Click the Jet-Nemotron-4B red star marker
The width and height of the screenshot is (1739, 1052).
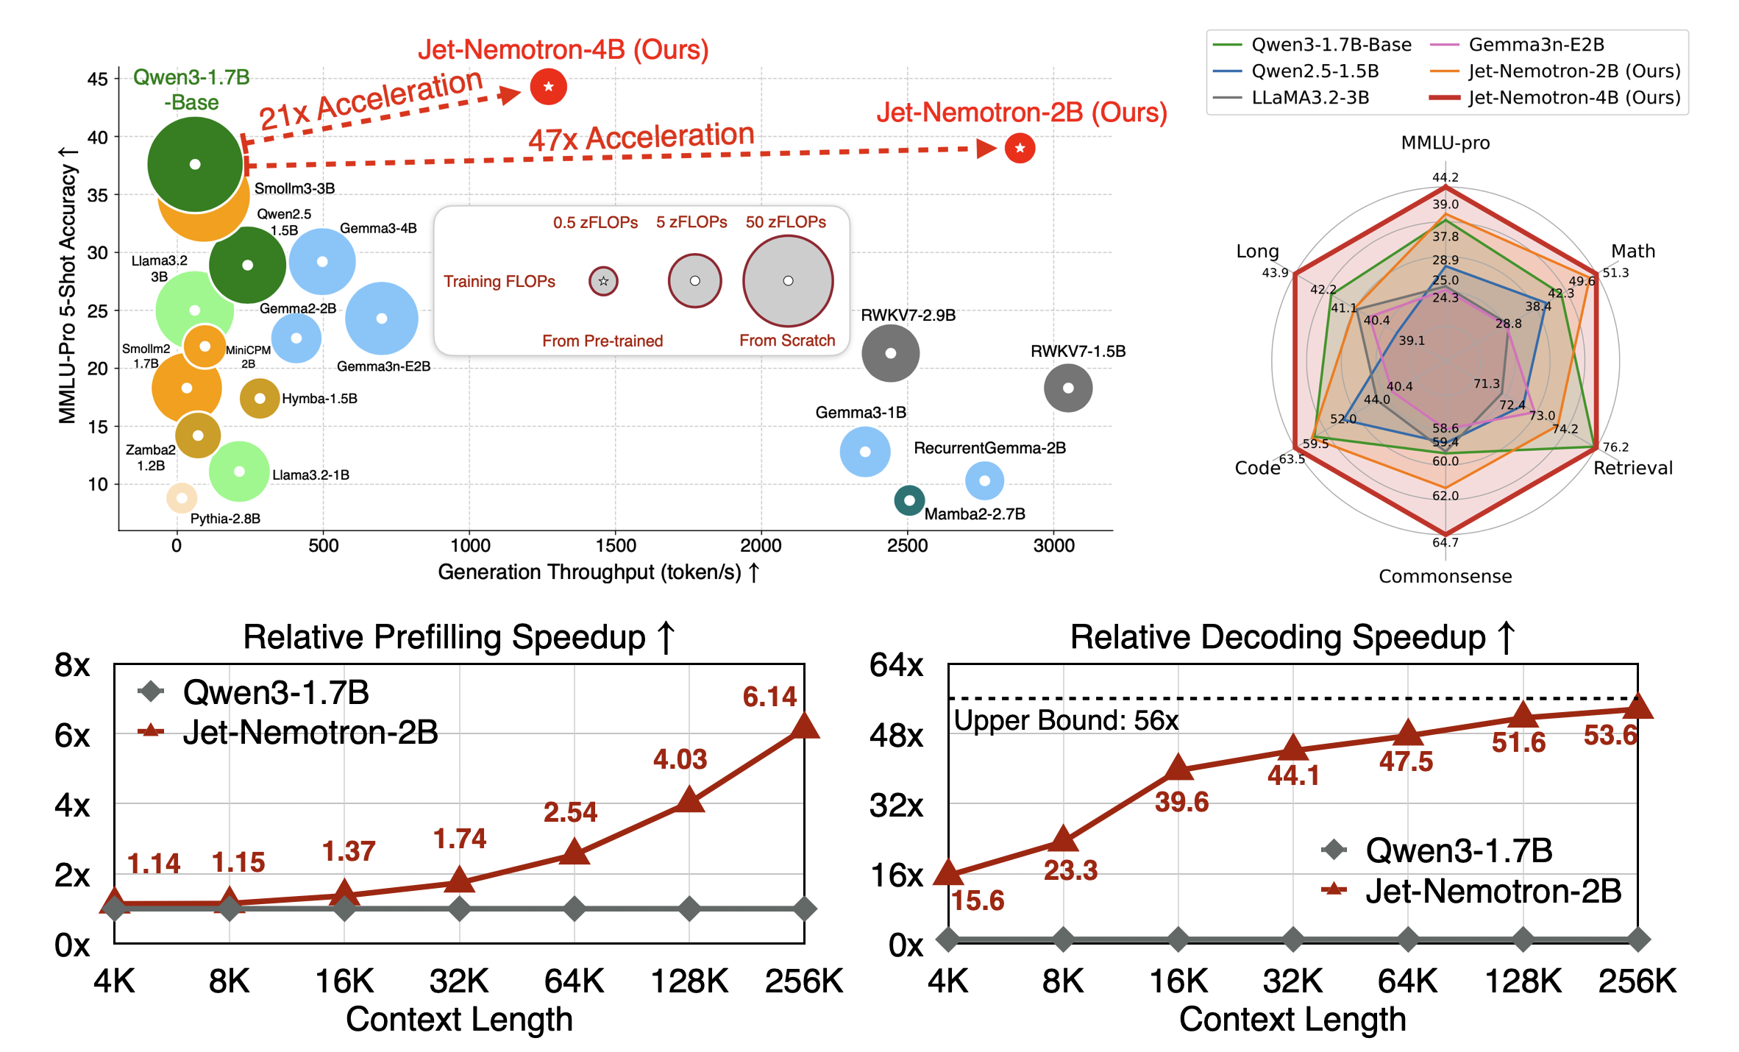pyautogui.click(x=548, y=87)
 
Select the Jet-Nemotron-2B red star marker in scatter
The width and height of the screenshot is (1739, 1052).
pyautogui.click(x=1020, y=148)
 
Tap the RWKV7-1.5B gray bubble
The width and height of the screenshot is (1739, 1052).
pyautogui.click(x=1068, y=388)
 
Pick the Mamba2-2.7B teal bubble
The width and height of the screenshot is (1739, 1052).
pyautogui.click(x=909, y=500)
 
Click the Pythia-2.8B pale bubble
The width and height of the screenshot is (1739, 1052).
pyautogui.click(x=182, y=498)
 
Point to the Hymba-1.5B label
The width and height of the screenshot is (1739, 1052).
pyautogui.click(x=319, y=399)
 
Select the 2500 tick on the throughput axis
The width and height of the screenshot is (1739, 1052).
pyautogui.click(x=907, y=546)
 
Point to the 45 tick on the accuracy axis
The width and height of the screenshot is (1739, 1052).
pyautogui.click(x=97, y=79)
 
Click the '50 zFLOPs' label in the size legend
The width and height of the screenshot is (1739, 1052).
pyautogui.click(x=786, y=222)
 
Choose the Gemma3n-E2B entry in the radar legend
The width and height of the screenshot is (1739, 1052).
pyautogui.click(x=1536, y=45)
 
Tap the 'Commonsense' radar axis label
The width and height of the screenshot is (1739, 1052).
pyautogui.click(x=1445, y=576)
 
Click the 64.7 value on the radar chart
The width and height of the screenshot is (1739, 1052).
pyautogui.click(x=1445, y=543)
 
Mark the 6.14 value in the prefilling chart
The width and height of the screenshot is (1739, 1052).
pyautogui.click(x=769, y=697)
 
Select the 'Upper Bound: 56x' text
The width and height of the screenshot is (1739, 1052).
pyautogui.click(x=1066, y=720)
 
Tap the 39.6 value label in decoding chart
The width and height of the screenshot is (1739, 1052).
pyautogui.click(x=1181, y=802)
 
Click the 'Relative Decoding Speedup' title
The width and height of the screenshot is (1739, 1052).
pyautogui.click(x=1278, y=637)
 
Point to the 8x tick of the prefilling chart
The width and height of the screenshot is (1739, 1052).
pyautogui.click(x=72, y=665)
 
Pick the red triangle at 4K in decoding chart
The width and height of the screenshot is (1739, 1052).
pyautogui.click(x=948, y=872)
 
